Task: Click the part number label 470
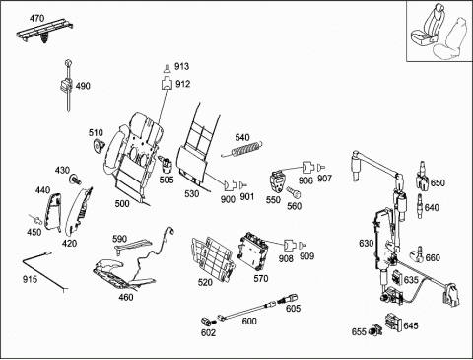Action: coord(36,18)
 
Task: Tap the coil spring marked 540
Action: coord(242,149)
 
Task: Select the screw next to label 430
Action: coord(75,180)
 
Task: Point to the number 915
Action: coord(30,279)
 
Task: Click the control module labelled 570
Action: coord(253,252)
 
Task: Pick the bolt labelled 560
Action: coord(293,192)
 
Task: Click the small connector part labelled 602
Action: coord(207,321)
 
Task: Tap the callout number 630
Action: coord(367,244)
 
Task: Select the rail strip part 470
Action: coord(44,34)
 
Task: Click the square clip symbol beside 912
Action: coord(167,83)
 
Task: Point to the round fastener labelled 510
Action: coord(98,145)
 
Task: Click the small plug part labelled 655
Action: coord(375,329)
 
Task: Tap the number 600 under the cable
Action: coord(249,321)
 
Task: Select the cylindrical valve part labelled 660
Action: coord(416,254)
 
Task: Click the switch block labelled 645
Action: coord(393,322)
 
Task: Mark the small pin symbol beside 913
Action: coord(168,69)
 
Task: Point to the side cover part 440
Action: coord(52,211)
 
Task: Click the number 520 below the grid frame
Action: coord(205,282)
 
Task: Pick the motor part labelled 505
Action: coord(167,165)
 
